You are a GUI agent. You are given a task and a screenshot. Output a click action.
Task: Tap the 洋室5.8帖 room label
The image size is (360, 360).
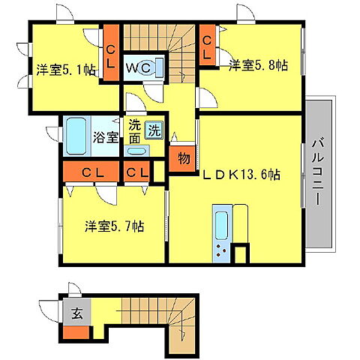[x=259, y=64]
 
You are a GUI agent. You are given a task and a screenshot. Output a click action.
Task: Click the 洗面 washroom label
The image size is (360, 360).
[x=134, y=133]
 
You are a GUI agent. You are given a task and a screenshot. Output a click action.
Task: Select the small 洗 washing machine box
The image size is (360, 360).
[x=154, y=129]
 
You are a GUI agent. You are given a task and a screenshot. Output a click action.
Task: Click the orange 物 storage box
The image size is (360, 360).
[x=182, y=158]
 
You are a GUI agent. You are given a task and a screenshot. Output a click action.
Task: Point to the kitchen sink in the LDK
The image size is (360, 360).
[x=223, y=224]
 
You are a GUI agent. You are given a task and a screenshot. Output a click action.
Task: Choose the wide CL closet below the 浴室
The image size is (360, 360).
[x=92, y=172]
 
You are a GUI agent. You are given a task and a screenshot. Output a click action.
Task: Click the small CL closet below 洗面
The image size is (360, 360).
[x=138, y=172]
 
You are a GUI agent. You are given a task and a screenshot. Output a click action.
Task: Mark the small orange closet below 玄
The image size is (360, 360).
[x=76, y=330]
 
